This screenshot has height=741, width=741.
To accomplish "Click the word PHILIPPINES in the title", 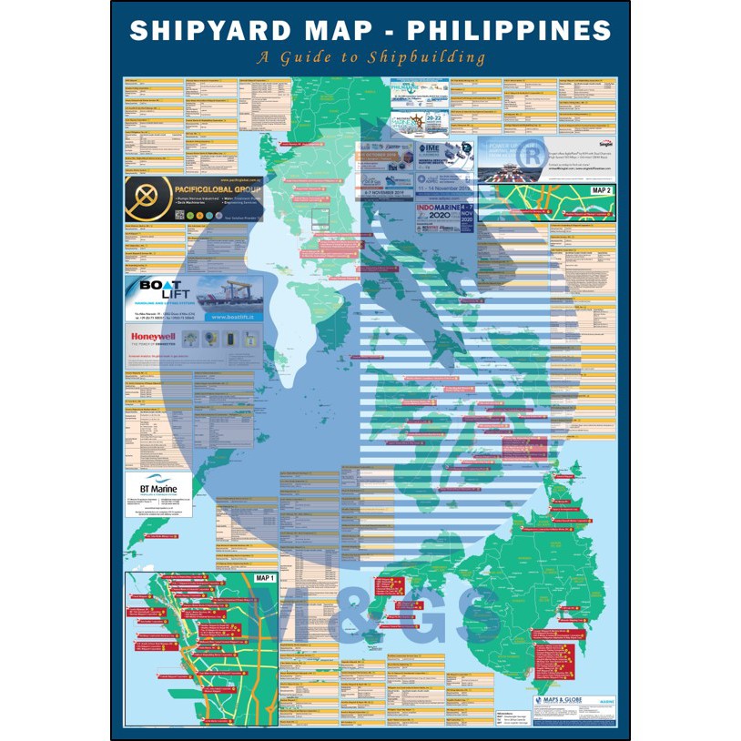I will [x=509, y=31].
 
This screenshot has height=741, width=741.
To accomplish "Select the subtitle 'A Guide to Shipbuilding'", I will [x=370, y=58].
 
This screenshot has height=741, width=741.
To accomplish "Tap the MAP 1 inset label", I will [x=265, y=578].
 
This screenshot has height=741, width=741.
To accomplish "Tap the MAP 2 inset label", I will [x=602, y=191].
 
